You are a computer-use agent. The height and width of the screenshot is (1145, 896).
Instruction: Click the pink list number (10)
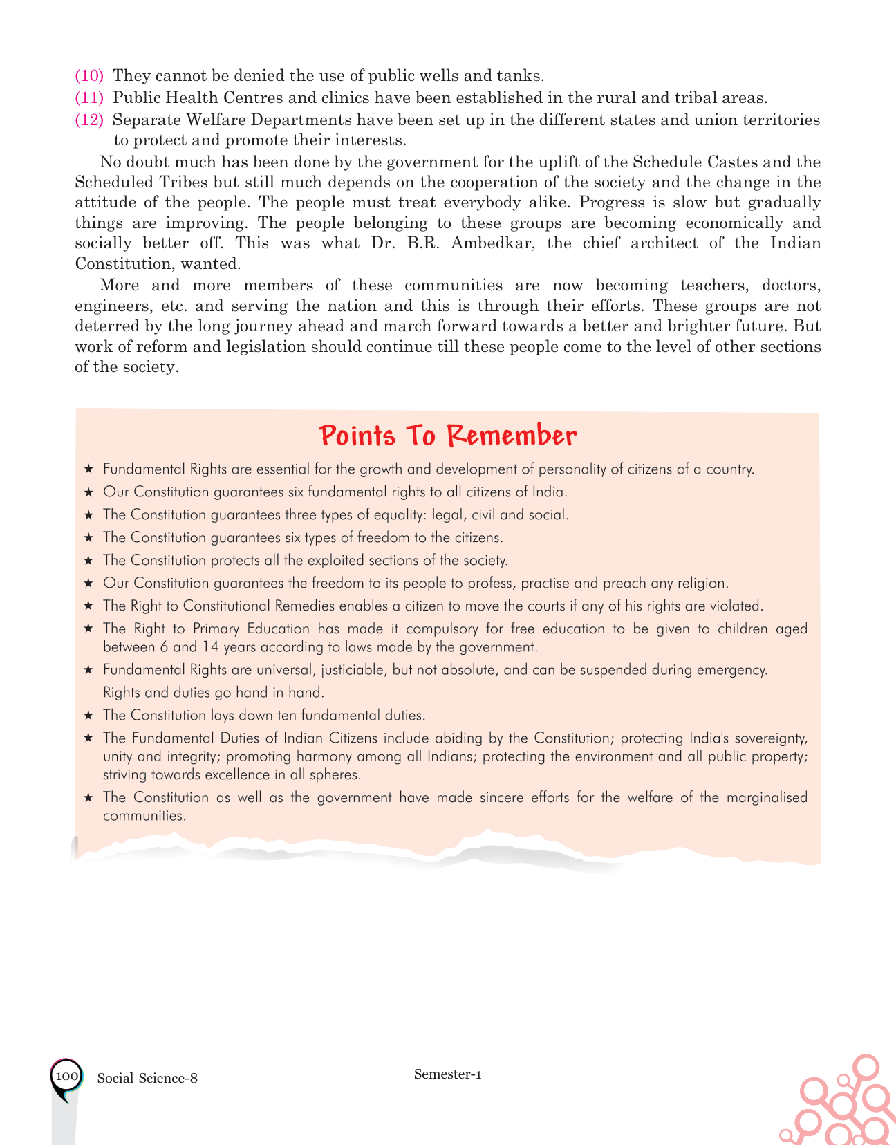(x=89, y=75)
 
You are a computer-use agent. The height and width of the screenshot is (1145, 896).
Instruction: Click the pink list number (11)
(x=89, y=97)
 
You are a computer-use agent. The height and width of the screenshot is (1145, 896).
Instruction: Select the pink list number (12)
(x=89, y=120)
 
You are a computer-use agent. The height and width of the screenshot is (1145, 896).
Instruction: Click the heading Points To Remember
(x=448, y=436)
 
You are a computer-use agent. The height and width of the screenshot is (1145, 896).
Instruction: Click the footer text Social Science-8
(x=147, y=1078)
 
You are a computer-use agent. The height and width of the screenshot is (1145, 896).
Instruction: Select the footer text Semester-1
(x=448, y=1074)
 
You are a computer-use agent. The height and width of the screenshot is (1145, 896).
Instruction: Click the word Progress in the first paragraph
(x=613, y=203)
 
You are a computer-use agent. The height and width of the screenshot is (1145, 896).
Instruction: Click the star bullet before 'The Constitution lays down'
(x=88, y=716)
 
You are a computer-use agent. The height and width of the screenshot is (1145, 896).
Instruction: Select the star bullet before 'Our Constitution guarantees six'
(x=88, y=492)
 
